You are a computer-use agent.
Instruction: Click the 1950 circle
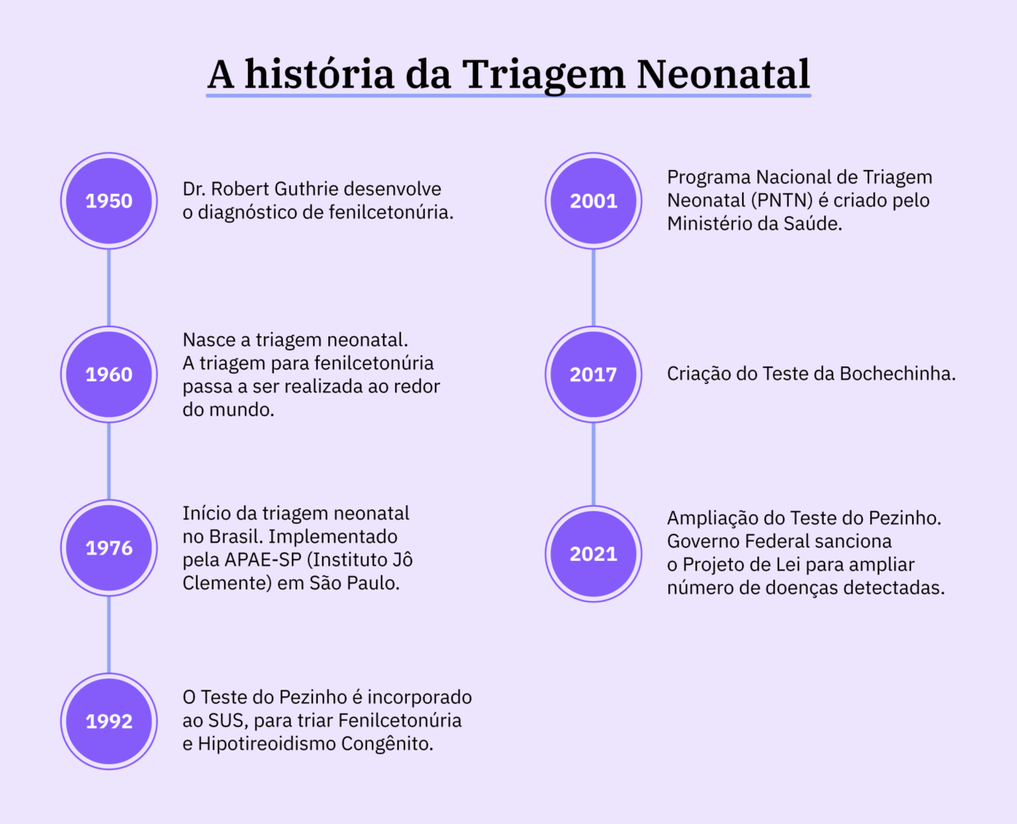click(x=109, y=201)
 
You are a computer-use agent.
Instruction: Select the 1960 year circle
click(x=109, y=374)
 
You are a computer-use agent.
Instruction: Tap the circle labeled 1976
click(x=109, y=547)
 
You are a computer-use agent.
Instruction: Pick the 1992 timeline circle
click(x=109, y=721)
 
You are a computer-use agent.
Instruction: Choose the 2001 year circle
click(x=594, y=201)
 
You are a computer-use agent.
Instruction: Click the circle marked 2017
click(x=594, y=374)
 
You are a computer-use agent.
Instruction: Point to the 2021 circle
click(x=594, y=554)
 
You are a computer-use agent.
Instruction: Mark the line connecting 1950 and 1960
click(x=109, y=288)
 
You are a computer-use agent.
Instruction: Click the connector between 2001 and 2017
click(x=594, y=288)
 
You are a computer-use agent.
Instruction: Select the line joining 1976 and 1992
click(x=109, y=634)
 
